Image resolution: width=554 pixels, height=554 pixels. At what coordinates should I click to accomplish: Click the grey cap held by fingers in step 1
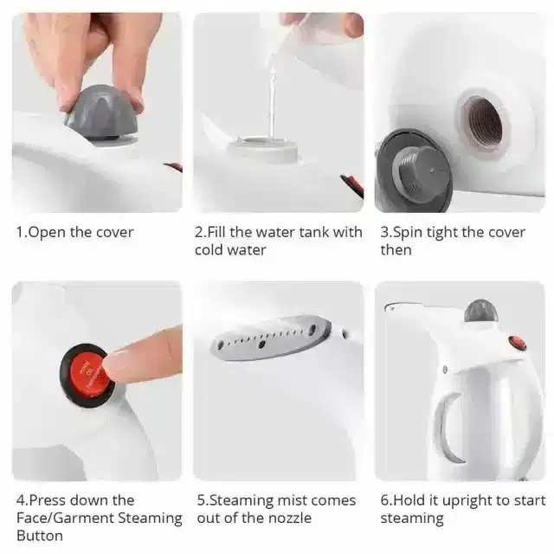[x=100, y=113]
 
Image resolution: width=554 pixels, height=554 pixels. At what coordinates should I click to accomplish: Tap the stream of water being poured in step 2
[x=271, y=95]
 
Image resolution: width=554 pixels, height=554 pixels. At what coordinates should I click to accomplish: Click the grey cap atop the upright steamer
[x=479, y=311]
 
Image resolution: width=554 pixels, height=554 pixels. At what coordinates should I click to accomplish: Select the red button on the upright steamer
[x=518, y=343]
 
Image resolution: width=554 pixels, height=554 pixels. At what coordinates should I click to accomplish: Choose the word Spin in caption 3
[x=409, y=232]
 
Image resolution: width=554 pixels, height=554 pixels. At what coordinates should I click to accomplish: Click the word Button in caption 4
[x=40, y=536]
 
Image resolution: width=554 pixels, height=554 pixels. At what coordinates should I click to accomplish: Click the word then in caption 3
[x=396, y=250]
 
